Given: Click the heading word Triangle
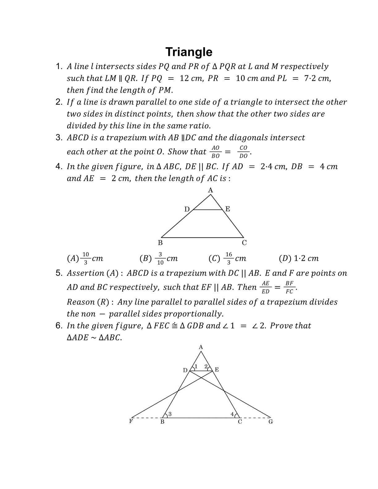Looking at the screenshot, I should [x=189, y=52].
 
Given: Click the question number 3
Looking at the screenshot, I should [x=59, y=138].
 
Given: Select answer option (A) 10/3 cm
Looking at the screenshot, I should [x=85, y=258].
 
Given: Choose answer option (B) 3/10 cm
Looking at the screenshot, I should [x=158, y=258].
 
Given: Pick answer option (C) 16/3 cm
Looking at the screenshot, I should [x=227, y=258].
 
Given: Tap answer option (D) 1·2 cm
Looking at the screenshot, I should [x=298, y=258].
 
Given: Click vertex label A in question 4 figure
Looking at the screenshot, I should [x=211, y=190].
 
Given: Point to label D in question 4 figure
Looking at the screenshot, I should [x=187, y=209].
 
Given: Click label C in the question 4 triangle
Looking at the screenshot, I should [x=244, y=243].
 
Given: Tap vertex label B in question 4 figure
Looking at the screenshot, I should [x=160, y=243].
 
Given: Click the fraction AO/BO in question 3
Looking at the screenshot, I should [x=216, y=152].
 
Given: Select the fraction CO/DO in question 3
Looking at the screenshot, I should [x=243, y=152].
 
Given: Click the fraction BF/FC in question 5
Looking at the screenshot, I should [x=289, y=287].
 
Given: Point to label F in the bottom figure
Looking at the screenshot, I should [x=131, y=421].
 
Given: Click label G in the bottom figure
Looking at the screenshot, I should [x=271, y=422].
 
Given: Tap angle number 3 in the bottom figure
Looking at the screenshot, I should [x=170, y=414].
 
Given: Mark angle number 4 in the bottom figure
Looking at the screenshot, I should [x=232, y=414].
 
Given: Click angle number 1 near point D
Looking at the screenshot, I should [x=196, y=366].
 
